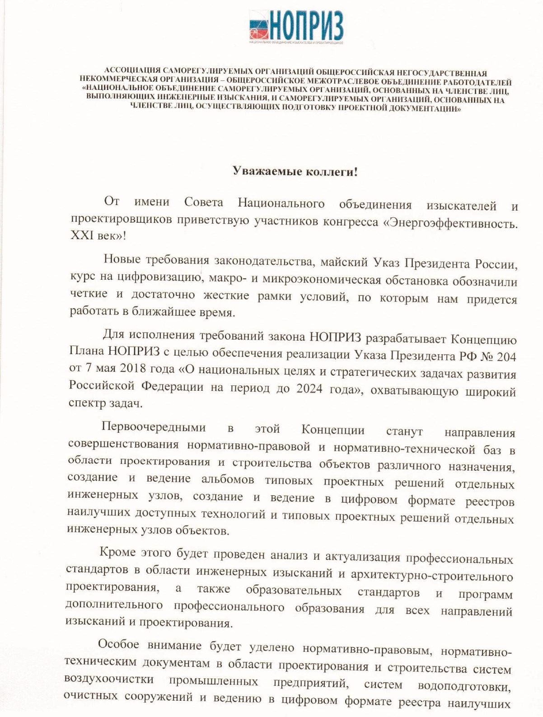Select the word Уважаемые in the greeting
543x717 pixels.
(x=260, y=171)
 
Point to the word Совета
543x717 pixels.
(x=203, y=203)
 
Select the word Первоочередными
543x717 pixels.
(x=154, y=427)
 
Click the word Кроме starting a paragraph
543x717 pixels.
(x=118, y=552)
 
